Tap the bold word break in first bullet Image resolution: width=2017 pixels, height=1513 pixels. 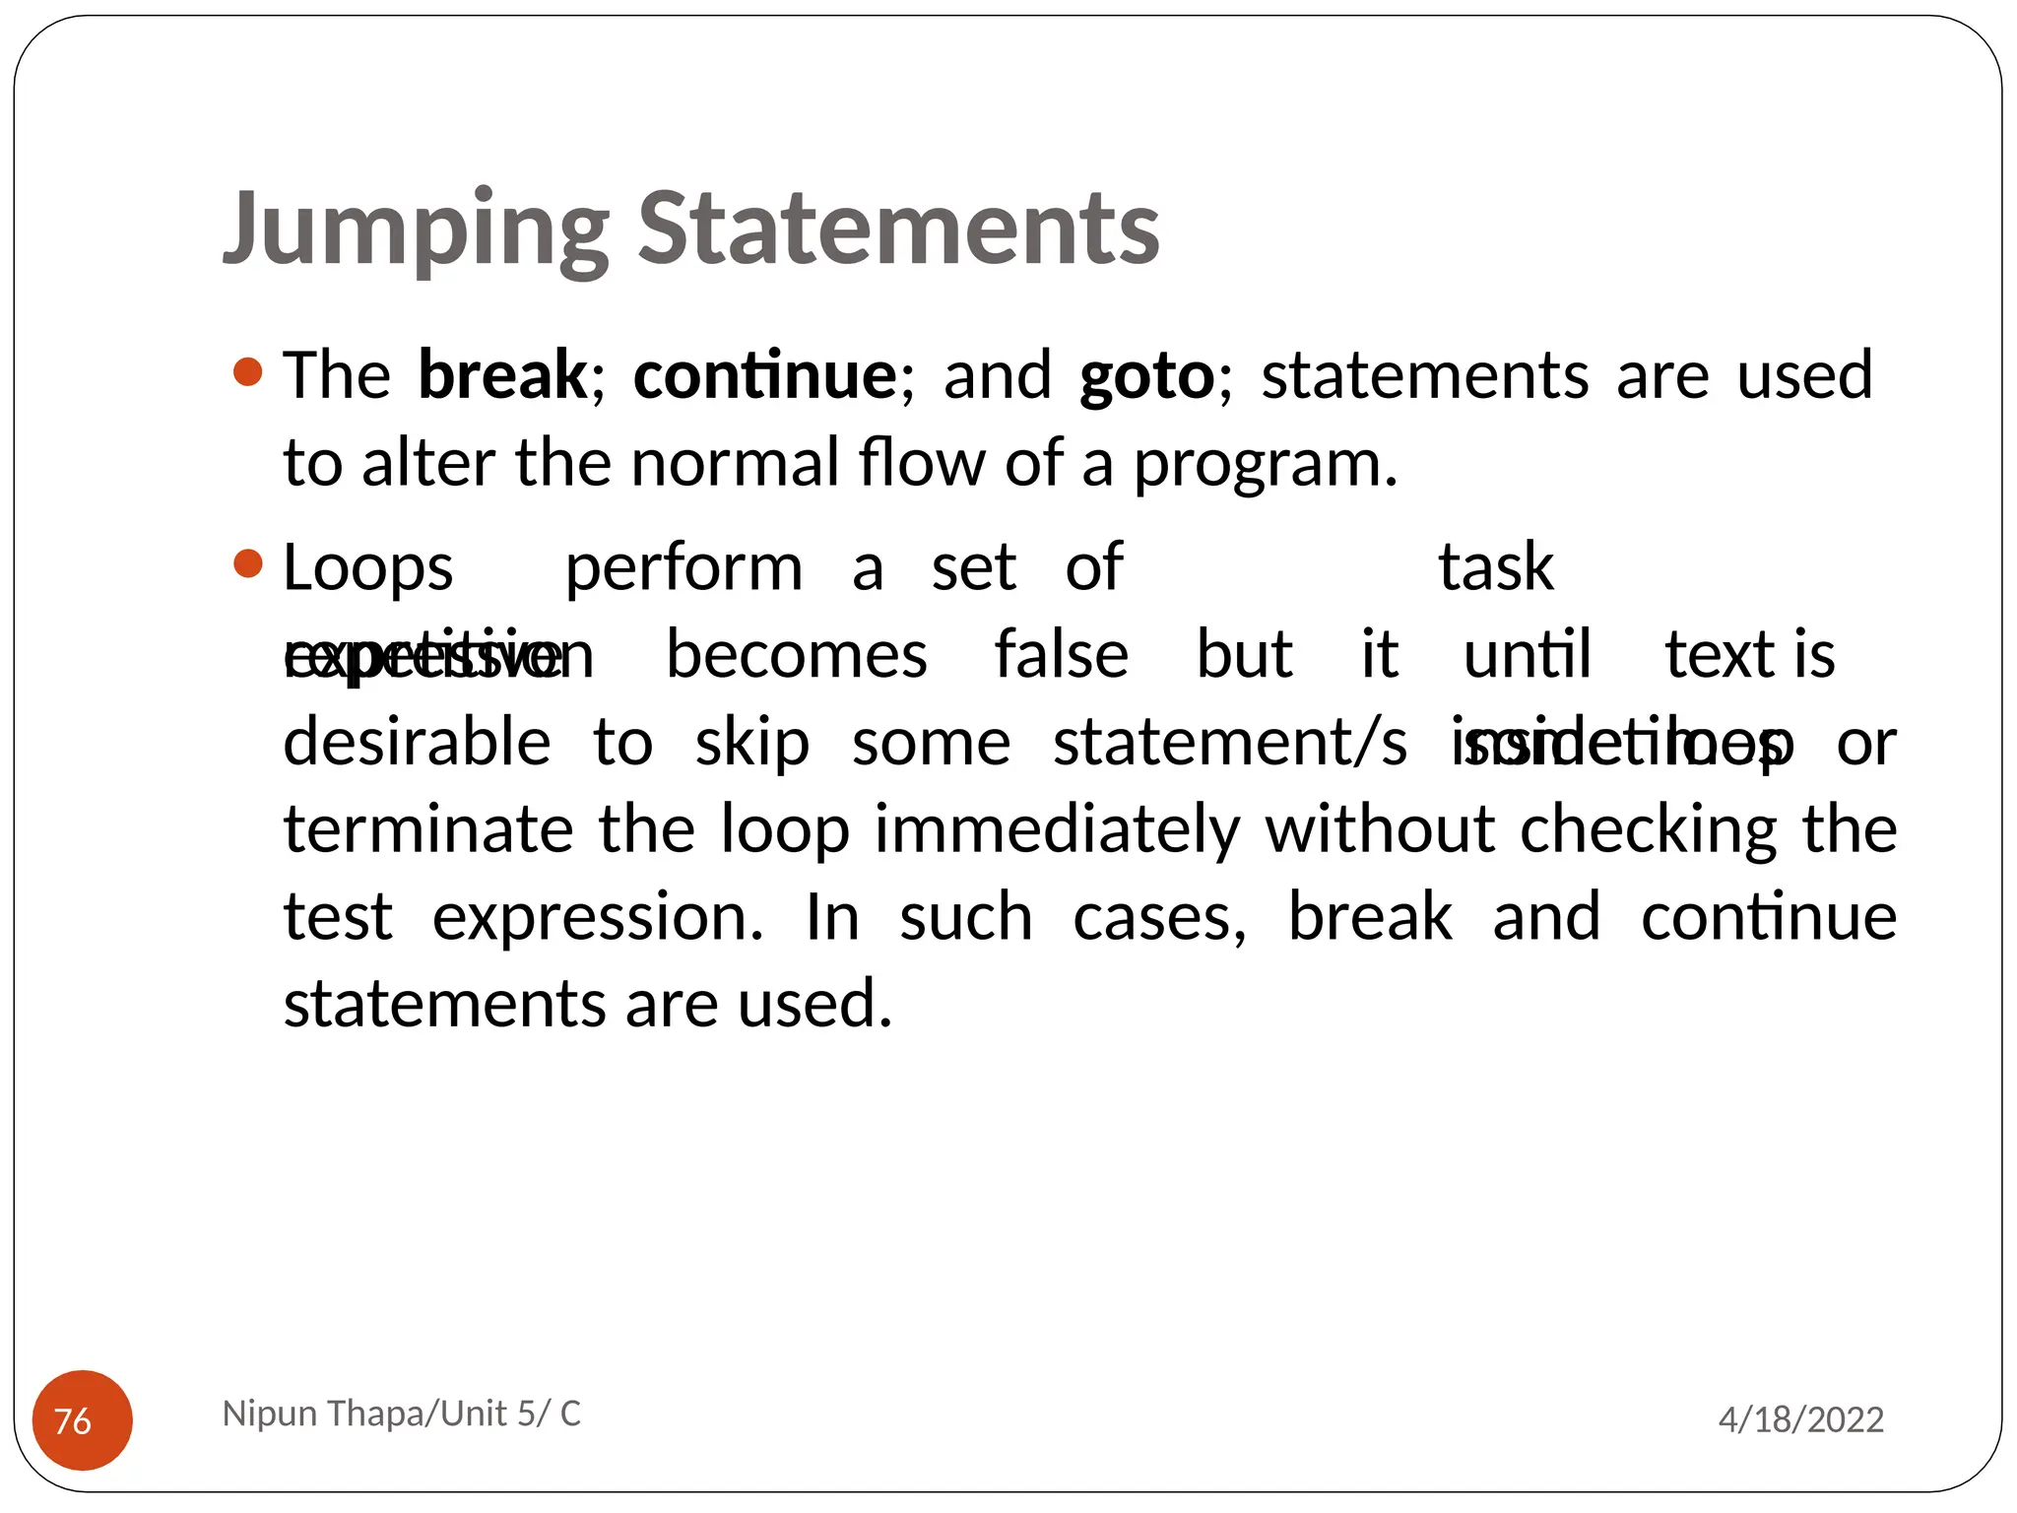pyautogui.click(x=502, y=375)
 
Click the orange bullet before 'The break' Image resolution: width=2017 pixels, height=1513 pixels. pyautogui.click(x=248, y=373)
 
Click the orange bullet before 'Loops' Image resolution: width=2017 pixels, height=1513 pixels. pyautogui.click(x=248, y=565)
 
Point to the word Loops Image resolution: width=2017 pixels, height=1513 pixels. pyautogui.click(x=367, y=569)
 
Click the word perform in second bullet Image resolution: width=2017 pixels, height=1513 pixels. pyautogui.click(x=683, y=569)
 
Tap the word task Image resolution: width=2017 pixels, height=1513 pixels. pyautogui.click(x=1495, y=568)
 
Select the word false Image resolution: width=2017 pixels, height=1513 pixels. pyautogui.click(x=1061, y=655)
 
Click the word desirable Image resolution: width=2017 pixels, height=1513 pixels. pyautogui.click(x=417, y=743)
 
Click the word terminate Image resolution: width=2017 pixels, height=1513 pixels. pyautogui.click(x=428, y=829)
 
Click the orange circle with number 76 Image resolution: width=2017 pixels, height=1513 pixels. pyautogui.click(x=83, y=1419)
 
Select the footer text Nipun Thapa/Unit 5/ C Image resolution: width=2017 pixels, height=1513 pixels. pyautogui.click(x=402, y=1414)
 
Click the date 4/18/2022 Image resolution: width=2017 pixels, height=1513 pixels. pyautogui.click(x=1800, y=1419)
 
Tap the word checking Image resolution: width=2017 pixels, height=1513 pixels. pyautogui.click(x=1649, y=830)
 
